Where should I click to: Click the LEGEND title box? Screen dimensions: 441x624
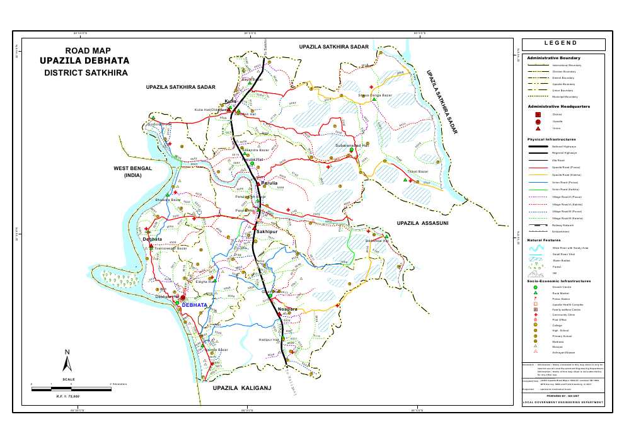click(563, 44)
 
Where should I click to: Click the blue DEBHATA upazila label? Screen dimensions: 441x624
click(194, 305)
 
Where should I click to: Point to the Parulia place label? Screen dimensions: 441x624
click(269, 184)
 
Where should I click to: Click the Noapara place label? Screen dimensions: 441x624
click(287, 309)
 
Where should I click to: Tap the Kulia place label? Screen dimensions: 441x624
click(231, 101)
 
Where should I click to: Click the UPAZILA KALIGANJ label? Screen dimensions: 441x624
click(241, 388)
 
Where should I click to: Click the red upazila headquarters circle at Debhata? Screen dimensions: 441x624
click(183, 298)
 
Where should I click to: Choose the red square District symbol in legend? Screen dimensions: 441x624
click(538, 115)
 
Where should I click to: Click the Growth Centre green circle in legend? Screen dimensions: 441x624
click(535, 287)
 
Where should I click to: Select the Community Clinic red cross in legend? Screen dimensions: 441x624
click(535, 314)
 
